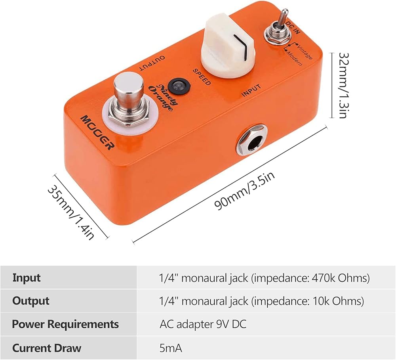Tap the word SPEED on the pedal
(x=202, y=77)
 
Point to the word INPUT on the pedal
(x=251, y=90)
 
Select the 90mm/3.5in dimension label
(x=244, y=191)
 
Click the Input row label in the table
(x=27, y=278)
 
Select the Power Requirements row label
(x=65, y=324)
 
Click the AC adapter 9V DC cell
(x=203, y=324)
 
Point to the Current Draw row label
(x=47, y=348)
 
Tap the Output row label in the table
(x=31, y=301)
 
